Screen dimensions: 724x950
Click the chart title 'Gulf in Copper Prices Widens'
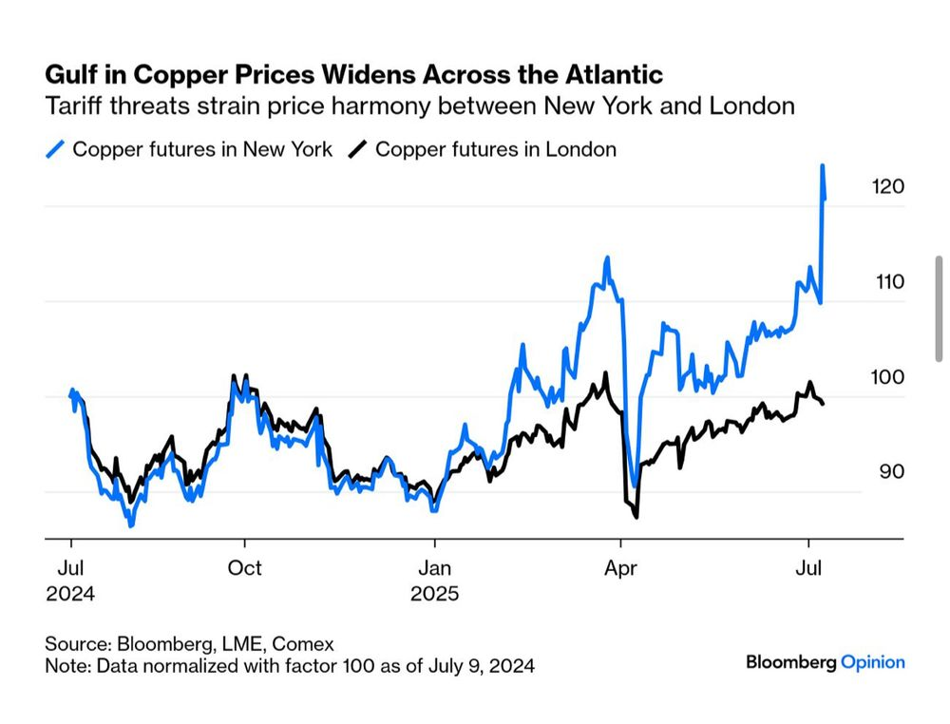click(353, 74)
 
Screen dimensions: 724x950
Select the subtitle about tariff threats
click(419, 105)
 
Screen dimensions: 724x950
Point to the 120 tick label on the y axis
click(887, 187)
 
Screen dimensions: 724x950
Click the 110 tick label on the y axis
click(887, 282)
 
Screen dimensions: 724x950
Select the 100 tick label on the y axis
click(887, 377)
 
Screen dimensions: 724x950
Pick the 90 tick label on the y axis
click(887, 472)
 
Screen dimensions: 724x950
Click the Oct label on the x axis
click(245, 568)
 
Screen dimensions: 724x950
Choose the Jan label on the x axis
click(434, 568)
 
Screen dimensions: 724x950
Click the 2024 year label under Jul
click(70, 594)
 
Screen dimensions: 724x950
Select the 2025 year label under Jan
click(434, 594)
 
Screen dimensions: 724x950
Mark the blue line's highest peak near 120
click(822, 166)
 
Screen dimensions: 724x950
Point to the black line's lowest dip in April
click(636, 516)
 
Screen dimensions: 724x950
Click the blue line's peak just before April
click(605, 258)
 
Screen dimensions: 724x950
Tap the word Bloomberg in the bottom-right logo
click(790, 662)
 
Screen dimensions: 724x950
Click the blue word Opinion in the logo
click(873, 662)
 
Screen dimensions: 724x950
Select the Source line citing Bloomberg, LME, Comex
click(189, 643)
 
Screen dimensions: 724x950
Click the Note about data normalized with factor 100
click(290, 665)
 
